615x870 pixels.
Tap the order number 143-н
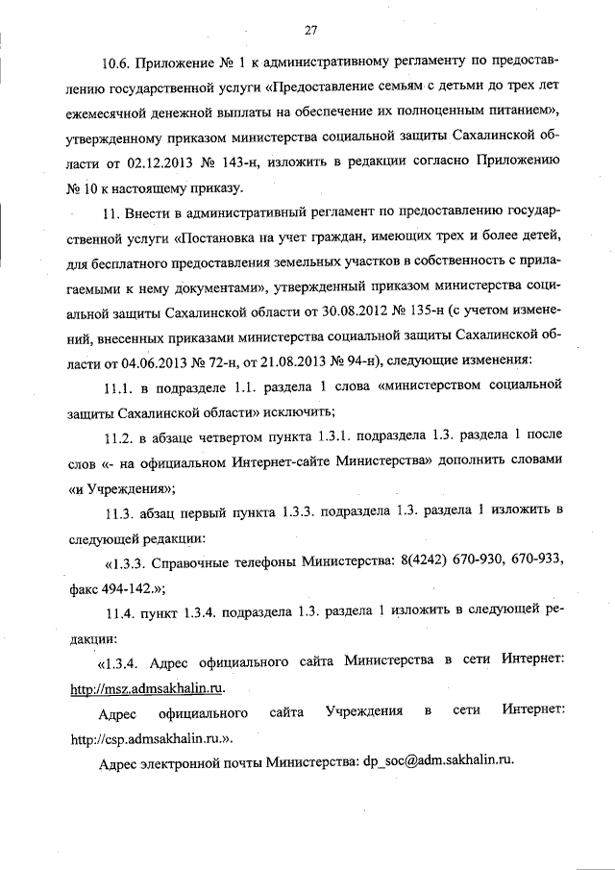[x=261, y=162]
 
